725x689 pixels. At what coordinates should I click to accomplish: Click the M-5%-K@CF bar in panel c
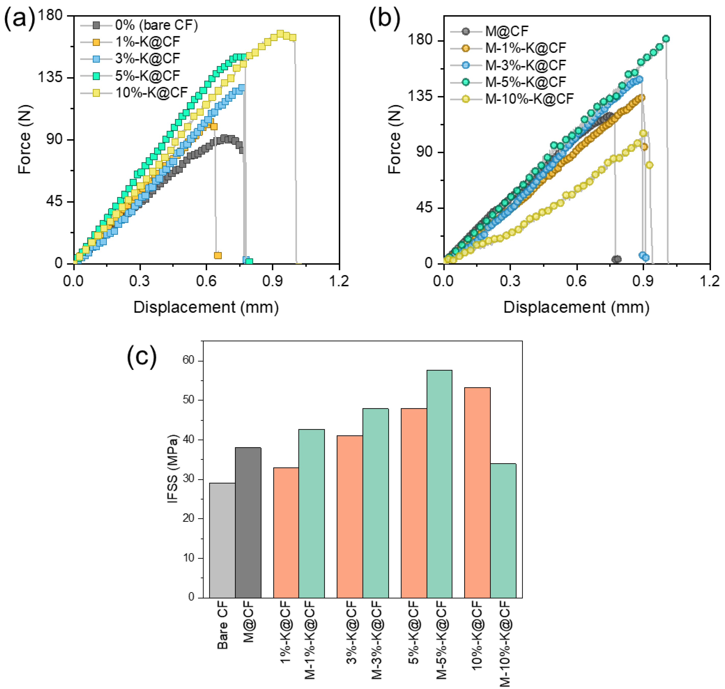(439, 484)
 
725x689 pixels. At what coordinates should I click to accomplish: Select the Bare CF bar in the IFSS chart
(222, 541)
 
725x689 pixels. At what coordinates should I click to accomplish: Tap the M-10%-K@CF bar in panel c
(503, 531)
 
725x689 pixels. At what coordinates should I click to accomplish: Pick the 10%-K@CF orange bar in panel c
(477, 493)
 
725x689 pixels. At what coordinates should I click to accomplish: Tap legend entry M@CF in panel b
(507, 31)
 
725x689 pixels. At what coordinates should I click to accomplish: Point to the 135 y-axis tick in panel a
(50, 77)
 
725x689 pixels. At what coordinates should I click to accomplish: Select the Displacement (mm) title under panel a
(206, 307)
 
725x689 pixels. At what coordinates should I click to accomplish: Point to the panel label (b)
(384, 18)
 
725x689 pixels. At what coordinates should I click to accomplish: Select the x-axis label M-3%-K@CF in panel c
(377, 639)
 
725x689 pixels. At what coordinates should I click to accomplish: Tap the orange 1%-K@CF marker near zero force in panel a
(217, 255)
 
